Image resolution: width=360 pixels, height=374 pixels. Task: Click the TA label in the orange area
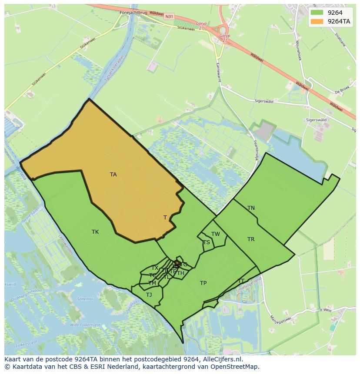[x=113, y=175]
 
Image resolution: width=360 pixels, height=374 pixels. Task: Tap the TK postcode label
[x=95, y=232]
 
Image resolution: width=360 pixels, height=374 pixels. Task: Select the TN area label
[x=251, y=208]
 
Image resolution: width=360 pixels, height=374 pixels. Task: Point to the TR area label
[x=251, y=239]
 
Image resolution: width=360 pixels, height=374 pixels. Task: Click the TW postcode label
[x=216, y=234]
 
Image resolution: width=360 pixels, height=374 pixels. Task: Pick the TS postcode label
[x=206, y=242]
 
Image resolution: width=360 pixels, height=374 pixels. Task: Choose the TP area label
[x=203, y=283]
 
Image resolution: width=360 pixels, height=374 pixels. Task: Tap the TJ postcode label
[x=149, y=295]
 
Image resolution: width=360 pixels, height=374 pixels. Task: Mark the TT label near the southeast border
[x=241, y=281]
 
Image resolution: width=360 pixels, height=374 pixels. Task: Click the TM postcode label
[x=152, y=283]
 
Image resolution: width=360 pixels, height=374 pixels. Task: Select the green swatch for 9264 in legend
[x=317, y=13]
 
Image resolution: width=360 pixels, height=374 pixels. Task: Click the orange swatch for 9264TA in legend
[x=317, y=21]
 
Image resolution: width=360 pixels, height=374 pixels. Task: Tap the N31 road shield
[x=169, y=17]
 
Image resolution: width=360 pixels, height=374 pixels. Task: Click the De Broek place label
[x=342, y=92]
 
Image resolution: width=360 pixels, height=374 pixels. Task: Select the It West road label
[x=326, y=310]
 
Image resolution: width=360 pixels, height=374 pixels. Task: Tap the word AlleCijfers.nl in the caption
[x=218, y=359]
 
